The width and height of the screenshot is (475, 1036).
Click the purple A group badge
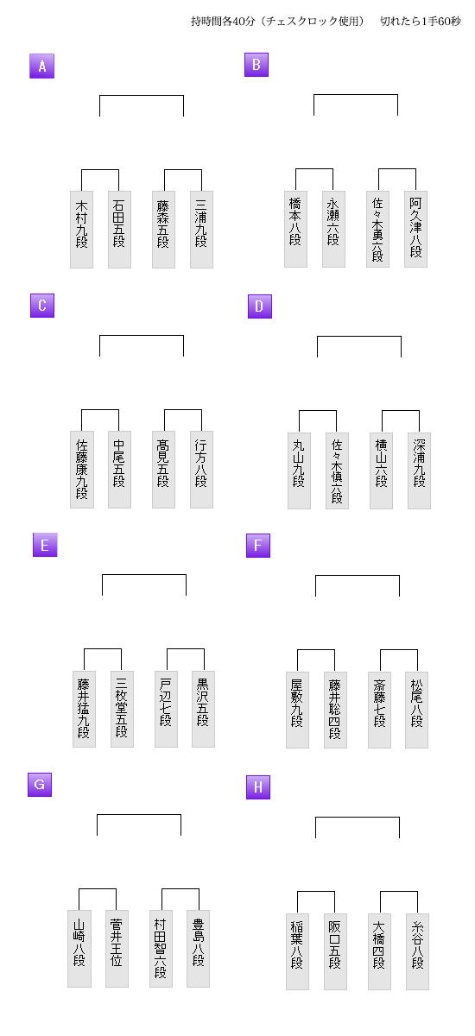click(x=42, y=66)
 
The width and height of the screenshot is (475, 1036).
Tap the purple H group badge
click(x=258, y=787)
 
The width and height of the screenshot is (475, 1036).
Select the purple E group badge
click(x=45, y=545)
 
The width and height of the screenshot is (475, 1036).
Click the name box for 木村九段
click(x=81, y=230)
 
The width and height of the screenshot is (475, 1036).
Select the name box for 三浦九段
click(x=201, y=230)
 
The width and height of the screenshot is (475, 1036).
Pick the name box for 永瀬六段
click(x=333, y=229)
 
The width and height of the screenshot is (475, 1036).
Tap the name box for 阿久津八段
click(x=415, y=229)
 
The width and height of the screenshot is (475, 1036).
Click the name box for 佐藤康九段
click(x=82, y=470)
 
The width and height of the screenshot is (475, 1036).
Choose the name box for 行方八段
click(x=201, y=470)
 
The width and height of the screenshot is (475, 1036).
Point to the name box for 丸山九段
click(x=299, y=471)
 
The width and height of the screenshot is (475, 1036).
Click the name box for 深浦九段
click(x=419, y=471)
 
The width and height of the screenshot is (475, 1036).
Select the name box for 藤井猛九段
click(x=84, y=709)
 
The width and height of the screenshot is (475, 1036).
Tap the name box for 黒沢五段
click(x=204, y=709)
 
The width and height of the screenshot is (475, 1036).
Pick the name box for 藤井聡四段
click(x=335, y=710)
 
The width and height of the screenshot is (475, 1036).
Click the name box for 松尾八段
click(x=417, y=710)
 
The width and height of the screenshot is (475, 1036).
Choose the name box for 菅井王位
click(x=117, y=949)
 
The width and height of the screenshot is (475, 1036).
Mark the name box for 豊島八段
click(x=198, y=949)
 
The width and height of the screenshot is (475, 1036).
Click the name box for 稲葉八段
click(x=297, y=951)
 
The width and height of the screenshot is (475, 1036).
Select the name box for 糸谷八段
click(x=418, y=951)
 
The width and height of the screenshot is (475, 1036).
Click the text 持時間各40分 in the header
click(x=223, y=22)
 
